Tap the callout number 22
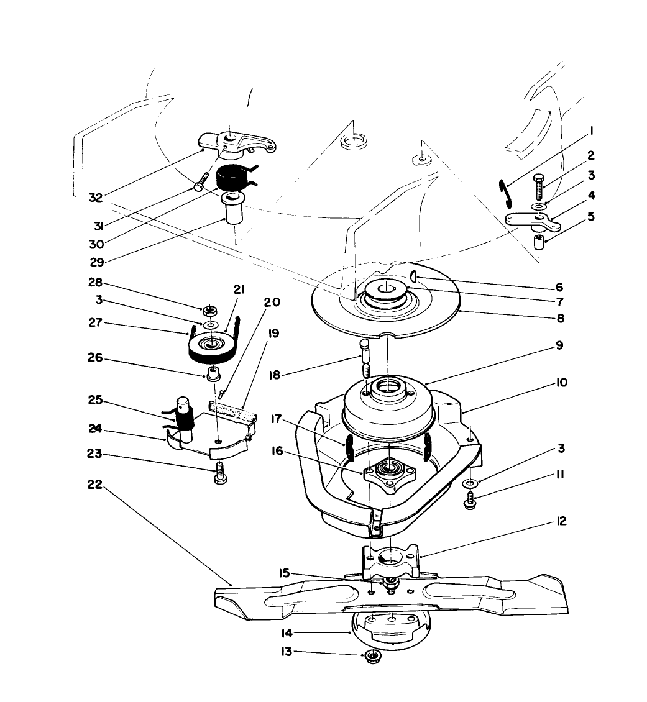(x=94, y=486)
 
